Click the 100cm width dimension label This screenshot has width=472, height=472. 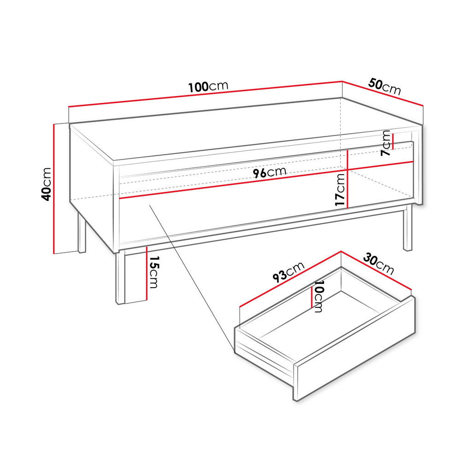tap(208, 87)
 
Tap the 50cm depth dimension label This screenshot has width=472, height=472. tap(385, 86)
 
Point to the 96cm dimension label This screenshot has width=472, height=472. tap(269, 172)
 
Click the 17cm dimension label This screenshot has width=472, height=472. tap(340, 189)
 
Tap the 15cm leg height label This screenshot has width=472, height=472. tap(153, 272)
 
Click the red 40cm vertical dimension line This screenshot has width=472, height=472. tap(54, 189)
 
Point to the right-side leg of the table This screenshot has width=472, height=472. tap(407, 228)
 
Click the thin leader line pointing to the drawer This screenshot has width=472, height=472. tap(189, 272)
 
